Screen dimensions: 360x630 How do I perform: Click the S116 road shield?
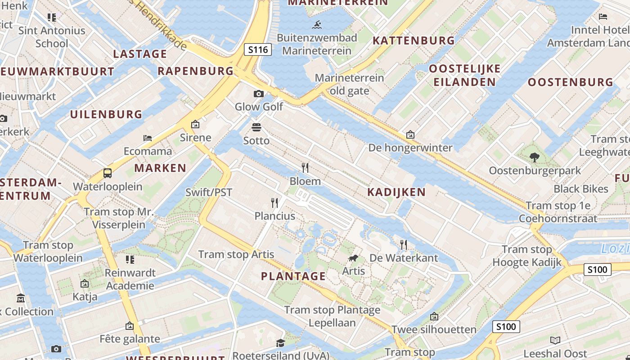coord(258,49)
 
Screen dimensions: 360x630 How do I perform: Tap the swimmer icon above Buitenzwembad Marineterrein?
coord(318,24)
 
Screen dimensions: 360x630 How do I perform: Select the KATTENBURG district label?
coord(414,40)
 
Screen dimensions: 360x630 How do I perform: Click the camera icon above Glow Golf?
coord(259,94)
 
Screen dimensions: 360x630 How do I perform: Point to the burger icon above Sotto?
coord(256,127)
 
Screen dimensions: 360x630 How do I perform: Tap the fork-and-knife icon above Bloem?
coord(305,168)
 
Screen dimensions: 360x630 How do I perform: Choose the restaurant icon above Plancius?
coord(274,202)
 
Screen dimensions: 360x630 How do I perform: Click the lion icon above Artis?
coord(353,258)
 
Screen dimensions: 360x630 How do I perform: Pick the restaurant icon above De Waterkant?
coord(404,245)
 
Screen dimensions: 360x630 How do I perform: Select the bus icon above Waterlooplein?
coord(108,173)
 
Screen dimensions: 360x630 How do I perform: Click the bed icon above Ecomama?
coord(148,138)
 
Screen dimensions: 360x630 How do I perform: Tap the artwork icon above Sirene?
coord(195,124)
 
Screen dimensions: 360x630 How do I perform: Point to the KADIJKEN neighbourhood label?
coord(396,192)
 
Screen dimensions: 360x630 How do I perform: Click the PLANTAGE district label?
coord(293,276)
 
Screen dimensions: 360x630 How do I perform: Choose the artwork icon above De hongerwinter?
coord(410,135)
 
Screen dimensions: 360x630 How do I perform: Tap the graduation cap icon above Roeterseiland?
coord(280,343)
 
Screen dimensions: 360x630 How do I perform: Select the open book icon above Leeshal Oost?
coord(555,340)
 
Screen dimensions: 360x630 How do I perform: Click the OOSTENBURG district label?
coord(571,82)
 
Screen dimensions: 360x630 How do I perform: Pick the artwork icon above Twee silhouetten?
coord(434,316)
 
